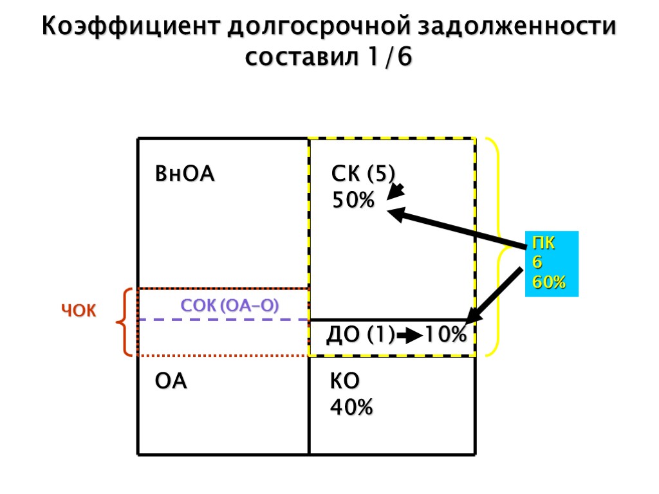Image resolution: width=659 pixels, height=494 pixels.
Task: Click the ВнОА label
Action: (185, 174)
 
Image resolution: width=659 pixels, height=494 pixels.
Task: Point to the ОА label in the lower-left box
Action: (171, 381)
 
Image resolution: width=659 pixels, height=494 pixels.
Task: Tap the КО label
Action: (345, 381)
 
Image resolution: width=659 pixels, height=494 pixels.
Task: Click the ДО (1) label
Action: (360, 335)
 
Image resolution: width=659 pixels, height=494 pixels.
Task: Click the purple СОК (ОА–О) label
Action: (230, 306)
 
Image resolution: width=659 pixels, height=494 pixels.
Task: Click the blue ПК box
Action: (552, 263)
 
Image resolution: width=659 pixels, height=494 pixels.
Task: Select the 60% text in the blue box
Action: (548, 282)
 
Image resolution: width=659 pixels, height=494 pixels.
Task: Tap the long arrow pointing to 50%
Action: (457, 228)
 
